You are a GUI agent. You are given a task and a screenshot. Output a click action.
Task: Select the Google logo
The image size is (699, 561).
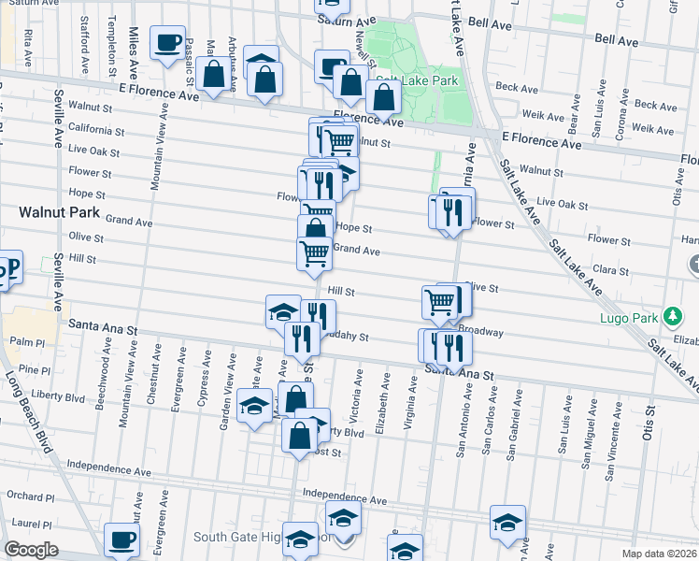click(31, 550)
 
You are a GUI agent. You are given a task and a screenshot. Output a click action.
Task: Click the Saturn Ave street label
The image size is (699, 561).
click(345, 20)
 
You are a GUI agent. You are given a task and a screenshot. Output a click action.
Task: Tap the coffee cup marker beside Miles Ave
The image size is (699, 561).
click(167, 43)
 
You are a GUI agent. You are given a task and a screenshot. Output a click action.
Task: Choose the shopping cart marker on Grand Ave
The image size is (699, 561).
click(314, 252)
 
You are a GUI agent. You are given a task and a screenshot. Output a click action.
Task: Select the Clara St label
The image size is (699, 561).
click(610, 270)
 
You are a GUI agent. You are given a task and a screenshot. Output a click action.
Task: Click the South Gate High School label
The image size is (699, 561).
click(248, 538)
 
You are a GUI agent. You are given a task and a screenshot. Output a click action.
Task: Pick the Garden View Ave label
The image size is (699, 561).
click(225, 403)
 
